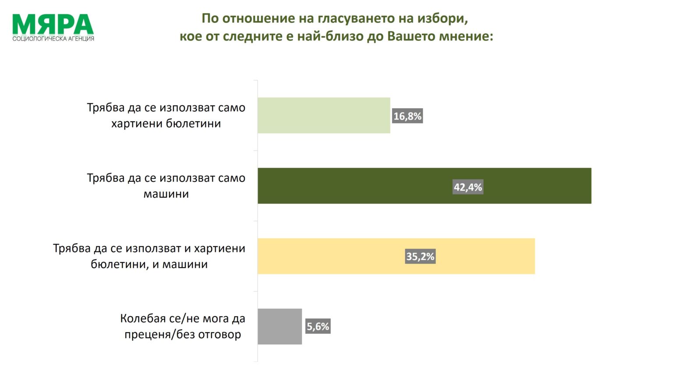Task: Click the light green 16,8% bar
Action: [x=323, y=115]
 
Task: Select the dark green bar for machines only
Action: [x=424, y=186]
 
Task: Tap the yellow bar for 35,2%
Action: [x=396, y=256]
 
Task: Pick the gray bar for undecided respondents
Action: [x=280, y=326]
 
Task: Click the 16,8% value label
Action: [x=407, y=117]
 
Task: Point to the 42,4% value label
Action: [x=468, y=188]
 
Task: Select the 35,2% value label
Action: [x=420, y=256]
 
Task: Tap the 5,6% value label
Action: [x=318, y=326]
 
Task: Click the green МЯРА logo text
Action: [x=53, y=25]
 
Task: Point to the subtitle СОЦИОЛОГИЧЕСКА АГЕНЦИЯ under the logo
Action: [x=53, y=39]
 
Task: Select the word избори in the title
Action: [x=443, y=18]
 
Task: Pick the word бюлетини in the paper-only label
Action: [x=193, y=124]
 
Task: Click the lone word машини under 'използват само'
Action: [x=166, y=194]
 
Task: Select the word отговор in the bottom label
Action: [x=220, y=335]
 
